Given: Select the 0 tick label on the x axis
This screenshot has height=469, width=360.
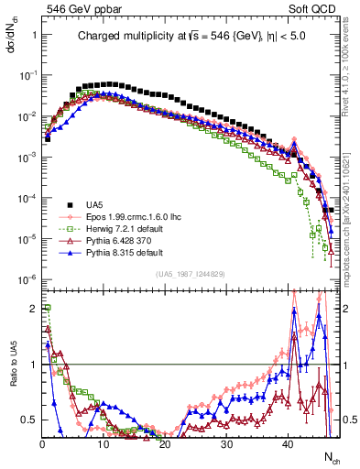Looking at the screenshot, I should click(42, 444).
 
